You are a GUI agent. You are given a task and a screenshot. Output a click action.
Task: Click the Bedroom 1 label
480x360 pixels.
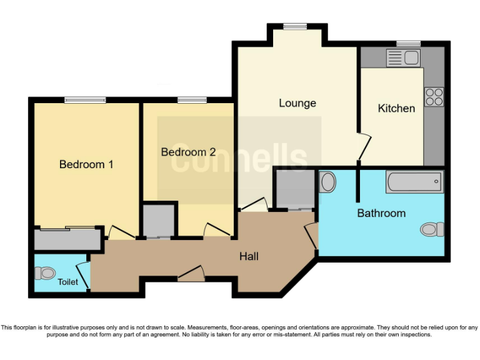click(86, 164)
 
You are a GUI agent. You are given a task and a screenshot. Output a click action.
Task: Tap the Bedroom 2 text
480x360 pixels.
click(188, 152)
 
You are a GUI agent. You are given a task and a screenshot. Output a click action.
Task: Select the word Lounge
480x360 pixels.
click(297, 103)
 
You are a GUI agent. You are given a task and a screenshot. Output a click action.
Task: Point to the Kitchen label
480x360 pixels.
click(396, 108)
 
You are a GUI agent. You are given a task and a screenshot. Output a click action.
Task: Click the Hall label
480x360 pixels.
click(249, 256)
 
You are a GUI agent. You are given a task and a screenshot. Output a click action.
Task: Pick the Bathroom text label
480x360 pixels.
click(381, 213)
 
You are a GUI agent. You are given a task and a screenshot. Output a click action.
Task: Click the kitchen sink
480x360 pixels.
click(403, 58)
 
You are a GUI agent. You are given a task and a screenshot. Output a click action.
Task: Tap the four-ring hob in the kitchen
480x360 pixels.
click(434, 96)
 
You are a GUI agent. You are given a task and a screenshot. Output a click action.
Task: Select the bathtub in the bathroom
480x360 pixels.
click(415, 182)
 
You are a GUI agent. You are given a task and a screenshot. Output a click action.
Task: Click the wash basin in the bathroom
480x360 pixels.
click(327, 183)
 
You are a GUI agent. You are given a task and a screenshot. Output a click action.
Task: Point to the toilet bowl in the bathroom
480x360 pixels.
click(431, 229)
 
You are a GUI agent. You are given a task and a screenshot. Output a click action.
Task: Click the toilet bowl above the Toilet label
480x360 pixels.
click(46, 272)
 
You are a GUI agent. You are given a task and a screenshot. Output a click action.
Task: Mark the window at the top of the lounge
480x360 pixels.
click(294, 26)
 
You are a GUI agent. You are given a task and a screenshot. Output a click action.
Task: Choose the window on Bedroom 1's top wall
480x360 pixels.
click(85, 100)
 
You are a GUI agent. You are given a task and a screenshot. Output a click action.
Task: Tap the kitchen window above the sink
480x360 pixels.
click(408, 44)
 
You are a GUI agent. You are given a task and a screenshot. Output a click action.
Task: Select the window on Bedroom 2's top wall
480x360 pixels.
click(192, 100)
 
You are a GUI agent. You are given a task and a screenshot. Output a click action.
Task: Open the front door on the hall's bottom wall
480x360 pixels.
click(191, 273)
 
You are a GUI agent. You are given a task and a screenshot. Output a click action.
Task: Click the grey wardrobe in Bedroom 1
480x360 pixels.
click(67, 239)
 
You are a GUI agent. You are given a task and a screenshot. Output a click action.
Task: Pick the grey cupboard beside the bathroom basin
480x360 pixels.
click(294, 188)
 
